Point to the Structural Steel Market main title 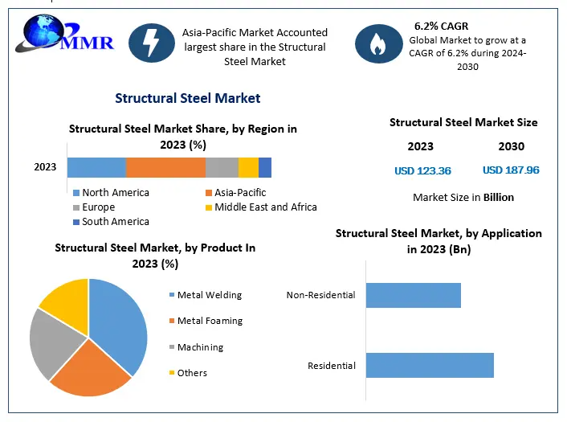(x=187, y=98)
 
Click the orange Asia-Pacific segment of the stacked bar (x=165, y=167)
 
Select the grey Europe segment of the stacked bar (x=222, y=167)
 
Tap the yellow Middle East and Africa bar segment (x=248, y=167)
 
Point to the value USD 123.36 (x=422, y=170)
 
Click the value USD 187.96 (x=511, y=170)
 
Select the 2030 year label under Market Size (x=511, y=146)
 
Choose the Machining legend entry (x=200, y=347)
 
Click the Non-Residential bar (x=413, y=295)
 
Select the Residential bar (x=430, y=365)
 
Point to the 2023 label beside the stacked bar (x=45, y=167)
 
